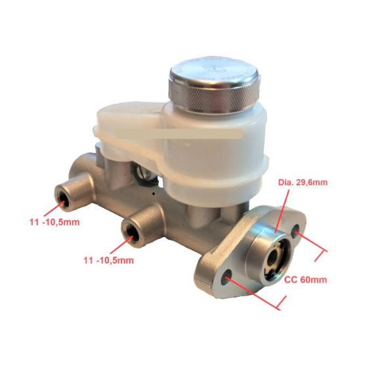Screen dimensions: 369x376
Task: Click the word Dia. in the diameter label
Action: (x=270, y=182)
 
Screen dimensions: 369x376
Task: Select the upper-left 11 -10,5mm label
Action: (x=54, y=222)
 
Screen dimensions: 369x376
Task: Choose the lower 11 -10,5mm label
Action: (x=108, y=260)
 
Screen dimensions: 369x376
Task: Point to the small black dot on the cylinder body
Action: (x=153, y=194)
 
